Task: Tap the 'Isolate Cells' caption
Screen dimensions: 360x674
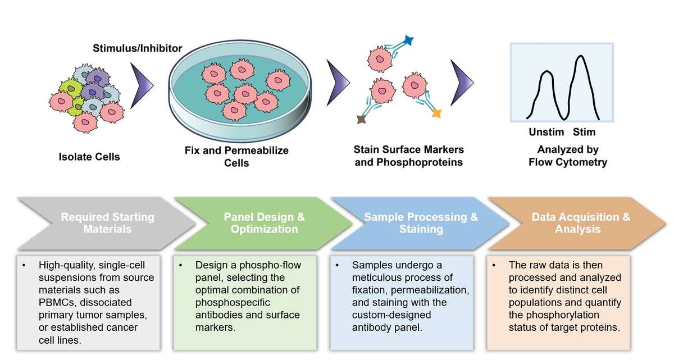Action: [89, 157]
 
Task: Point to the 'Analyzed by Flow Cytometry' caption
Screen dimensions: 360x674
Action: [568, 156]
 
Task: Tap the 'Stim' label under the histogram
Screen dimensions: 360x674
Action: [584, 133]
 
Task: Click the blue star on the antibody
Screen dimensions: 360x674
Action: [408, 40]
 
